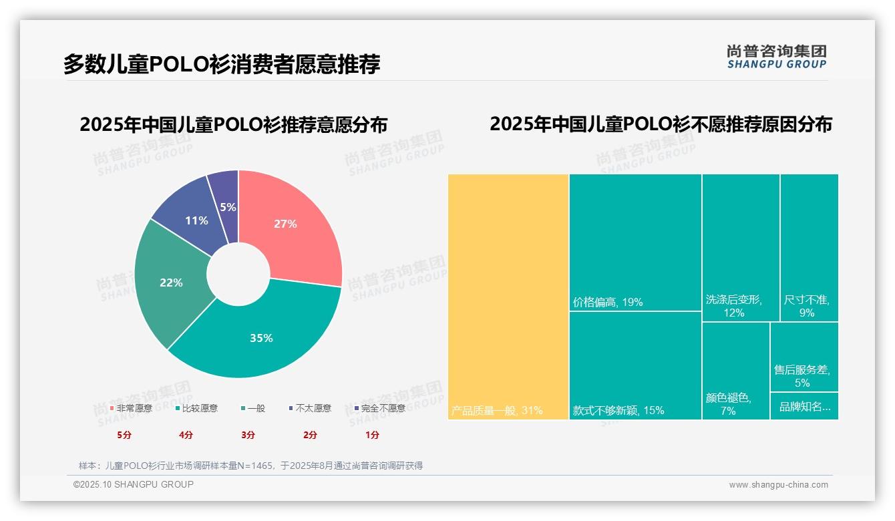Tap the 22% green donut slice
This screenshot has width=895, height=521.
[x=171, y=283]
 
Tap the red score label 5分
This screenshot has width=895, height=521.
[x=124, y=435]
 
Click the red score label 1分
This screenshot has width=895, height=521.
[x=372, y=435]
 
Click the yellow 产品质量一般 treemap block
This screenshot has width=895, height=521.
[x=508, y=297]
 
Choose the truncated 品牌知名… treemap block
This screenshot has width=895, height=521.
[x=803, y=406]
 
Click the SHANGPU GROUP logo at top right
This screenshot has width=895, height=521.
[x=776, y=57]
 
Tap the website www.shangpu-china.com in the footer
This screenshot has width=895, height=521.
[x=778, y=485]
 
